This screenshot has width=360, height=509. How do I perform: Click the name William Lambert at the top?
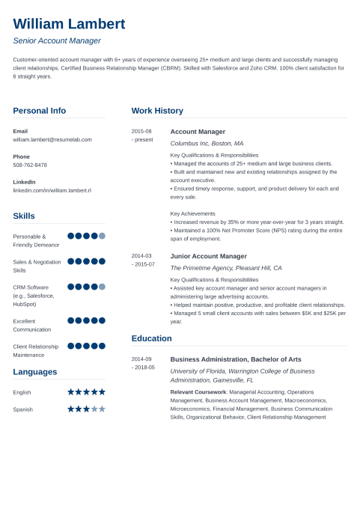point(69,24)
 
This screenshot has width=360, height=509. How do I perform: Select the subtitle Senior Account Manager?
point(57,41)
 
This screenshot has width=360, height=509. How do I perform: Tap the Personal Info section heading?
point(39,111)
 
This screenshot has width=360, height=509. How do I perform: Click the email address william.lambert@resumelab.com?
point(52,139)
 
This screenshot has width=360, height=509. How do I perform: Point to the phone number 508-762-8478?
point(30,165)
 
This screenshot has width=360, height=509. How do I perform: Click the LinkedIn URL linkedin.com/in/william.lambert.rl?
point(52,190)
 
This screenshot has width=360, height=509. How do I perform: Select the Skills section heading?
point(24,216)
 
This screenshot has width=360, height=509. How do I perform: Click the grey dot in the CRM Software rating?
point(102,287)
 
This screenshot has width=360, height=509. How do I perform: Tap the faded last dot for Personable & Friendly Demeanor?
point(102,236)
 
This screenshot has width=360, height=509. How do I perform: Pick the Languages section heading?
point(34,372)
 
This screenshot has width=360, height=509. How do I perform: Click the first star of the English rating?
point(71,391)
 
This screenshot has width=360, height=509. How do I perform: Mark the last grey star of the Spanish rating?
point(102,409)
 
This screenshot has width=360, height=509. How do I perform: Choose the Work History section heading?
point(157,111)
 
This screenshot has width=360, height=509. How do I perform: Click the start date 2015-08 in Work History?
point(141,131)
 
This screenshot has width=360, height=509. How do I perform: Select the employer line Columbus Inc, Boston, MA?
point(207,143)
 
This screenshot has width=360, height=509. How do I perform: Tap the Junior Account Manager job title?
point(208,256)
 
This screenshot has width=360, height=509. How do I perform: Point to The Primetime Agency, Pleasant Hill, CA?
point(226,268)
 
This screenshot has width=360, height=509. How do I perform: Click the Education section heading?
point(151,338)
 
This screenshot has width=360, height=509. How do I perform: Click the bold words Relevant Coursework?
point(197,391)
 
